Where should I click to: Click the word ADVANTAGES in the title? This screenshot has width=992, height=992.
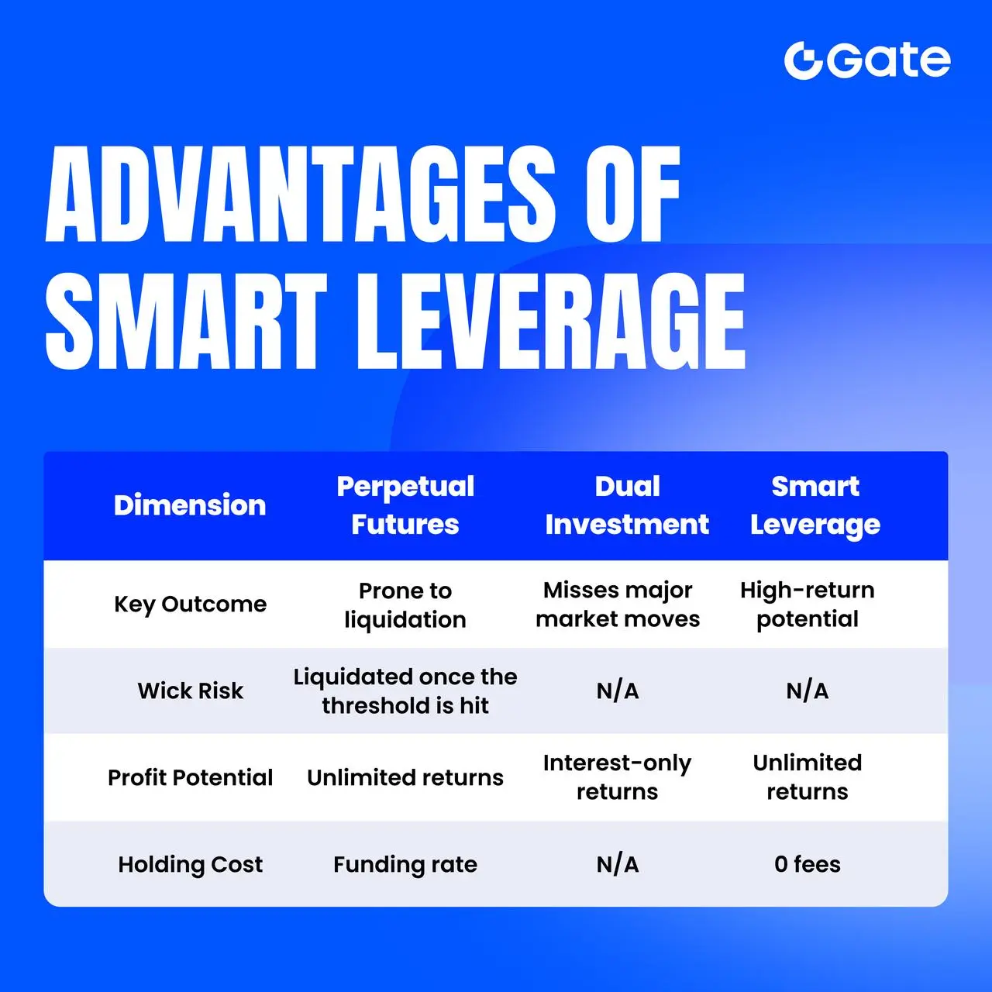[301, 194]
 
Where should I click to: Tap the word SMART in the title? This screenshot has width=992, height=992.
[186, 321]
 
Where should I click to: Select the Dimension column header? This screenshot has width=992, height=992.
[190, 505]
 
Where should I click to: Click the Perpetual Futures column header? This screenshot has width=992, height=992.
[405, 505]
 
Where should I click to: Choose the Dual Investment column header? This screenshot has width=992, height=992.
[627, 505]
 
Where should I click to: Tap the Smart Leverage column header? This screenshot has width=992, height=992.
[815, 505]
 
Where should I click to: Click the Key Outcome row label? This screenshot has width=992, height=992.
[191, 604]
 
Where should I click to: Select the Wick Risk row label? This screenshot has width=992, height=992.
[191, 691]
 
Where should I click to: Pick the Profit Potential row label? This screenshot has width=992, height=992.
[190, 777]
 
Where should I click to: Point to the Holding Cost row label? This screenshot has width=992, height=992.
[191, 864]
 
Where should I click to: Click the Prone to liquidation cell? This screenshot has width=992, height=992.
[405, 605]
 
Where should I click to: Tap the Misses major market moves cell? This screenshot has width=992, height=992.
[618, 604]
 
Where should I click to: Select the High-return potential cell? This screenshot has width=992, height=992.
[808, 604]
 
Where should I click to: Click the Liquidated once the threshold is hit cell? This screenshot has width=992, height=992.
[405, 691]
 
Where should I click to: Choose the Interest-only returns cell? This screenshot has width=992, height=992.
[617, 777]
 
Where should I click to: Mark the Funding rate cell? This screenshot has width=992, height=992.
[405, 864]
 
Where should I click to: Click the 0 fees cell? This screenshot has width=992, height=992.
[808, 864]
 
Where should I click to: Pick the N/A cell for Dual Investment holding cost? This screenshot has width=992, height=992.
[618, 864]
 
